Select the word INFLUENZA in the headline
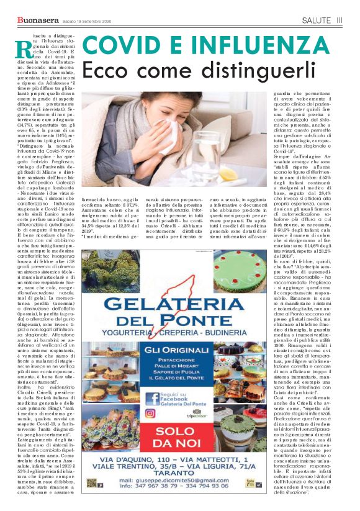pos(248,46)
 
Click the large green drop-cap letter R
pos(23,48)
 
